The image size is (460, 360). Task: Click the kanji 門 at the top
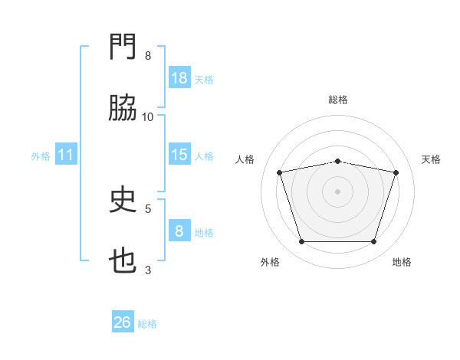(123, 49)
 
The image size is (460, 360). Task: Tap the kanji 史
(123, 201)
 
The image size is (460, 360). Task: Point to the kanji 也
(123, 263)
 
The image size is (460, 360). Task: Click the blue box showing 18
(179, 78)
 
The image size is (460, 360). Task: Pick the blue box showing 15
(179, 155)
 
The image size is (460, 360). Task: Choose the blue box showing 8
(179, 231)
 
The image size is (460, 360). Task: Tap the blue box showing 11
(66, 155)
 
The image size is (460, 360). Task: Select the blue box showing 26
(123, 322)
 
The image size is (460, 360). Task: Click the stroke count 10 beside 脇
(148, 116)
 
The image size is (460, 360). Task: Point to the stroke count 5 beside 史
(148, 208)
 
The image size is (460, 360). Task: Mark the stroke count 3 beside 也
(148, 270)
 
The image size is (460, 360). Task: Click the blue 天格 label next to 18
(204, 79)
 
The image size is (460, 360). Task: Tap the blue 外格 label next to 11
(41, 156)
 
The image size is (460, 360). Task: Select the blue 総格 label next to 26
(147, 324)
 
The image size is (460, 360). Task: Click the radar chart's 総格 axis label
(338, 100)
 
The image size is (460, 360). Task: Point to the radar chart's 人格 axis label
(246, 159)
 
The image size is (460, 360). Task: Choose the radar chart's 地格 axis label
(402, 262)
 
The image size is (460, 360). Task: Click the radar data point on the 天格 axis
(396, 173)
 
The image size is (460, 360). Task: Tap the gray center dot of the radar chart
(338, 191)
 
